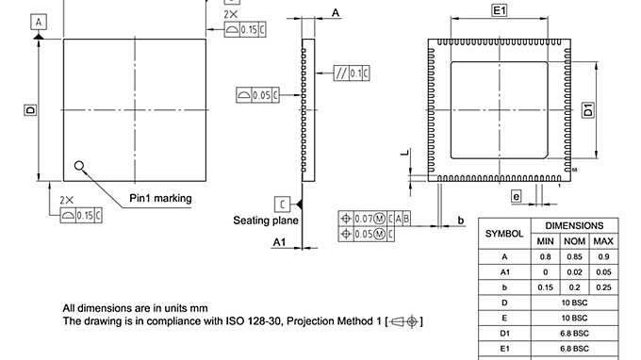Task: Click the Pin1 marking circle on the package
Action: coord(79,166)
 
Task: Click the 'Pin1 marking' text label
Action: coord(160,199)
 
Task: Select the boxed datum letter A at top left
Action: coord(39,21)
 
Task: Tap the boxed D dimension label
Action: coord(29,110)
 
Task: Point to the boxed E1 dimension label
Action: coord(500,10)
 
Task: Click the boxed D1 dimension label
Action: coord(587,109)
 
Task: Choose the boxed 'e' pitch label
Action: coord(517,196)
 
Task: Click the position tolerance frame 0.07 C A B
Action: coord(374,218)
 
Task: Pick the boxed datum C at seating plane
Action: coord(282,204)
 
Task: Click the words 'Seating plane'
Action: coord(266,221)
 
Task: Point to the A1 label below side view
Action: coord(279,242)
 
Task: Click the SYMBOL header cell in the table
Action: coord(504,233)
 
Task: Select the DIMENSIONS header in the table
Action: coord(574,226)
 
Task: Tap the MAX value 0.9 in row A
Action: coord(604,255)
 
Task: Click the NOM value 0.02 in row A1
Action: coord(574,271)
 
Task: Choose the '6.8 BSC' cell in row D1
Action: coord(574,333)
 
